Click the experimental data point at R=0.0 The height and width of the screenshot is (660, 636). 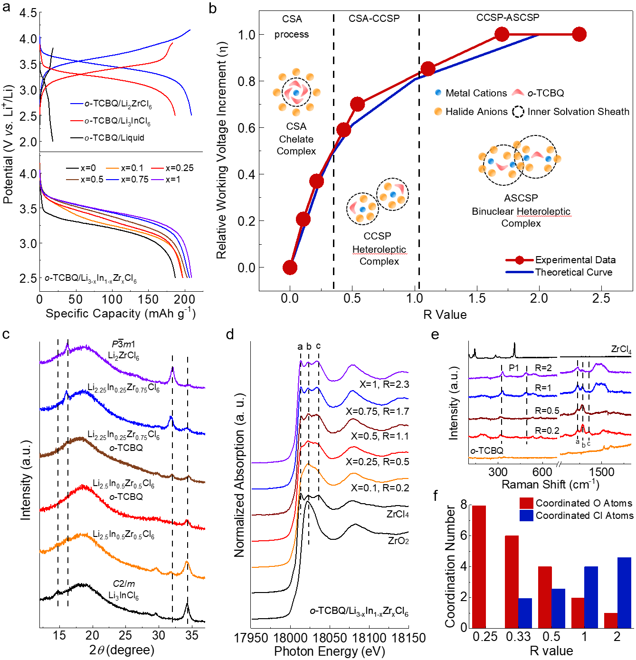(290, 268)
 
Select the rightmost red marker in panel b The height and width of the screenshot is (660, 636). (579, 34)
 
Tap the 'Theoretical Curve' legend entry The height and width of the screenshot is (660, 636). (573, 272)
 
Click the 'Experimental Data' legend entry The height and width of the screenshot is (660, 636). (575, 260)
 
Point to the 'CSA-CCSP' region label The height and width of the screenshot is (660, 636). (374, 19)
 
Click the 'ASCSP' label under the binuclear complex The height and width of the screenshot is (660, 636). (521, 198)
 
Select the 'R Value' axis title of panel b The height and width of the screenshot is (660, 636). (445, 315)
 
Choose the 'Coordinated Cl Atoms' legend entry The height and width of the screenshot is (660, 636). (584, 516)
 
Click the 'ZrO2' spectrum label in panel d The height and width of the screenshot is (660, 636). (398, 541)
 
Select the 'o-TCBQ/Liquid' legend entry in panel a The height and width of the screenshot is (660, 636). (114, 138)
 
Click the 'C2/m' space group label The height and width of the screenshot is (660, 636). (124, 584)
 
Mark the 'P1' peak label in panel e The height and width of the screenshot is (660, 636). (514, 368)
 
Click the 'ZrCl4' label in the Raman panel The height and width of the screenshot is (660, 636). (621, 350)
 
